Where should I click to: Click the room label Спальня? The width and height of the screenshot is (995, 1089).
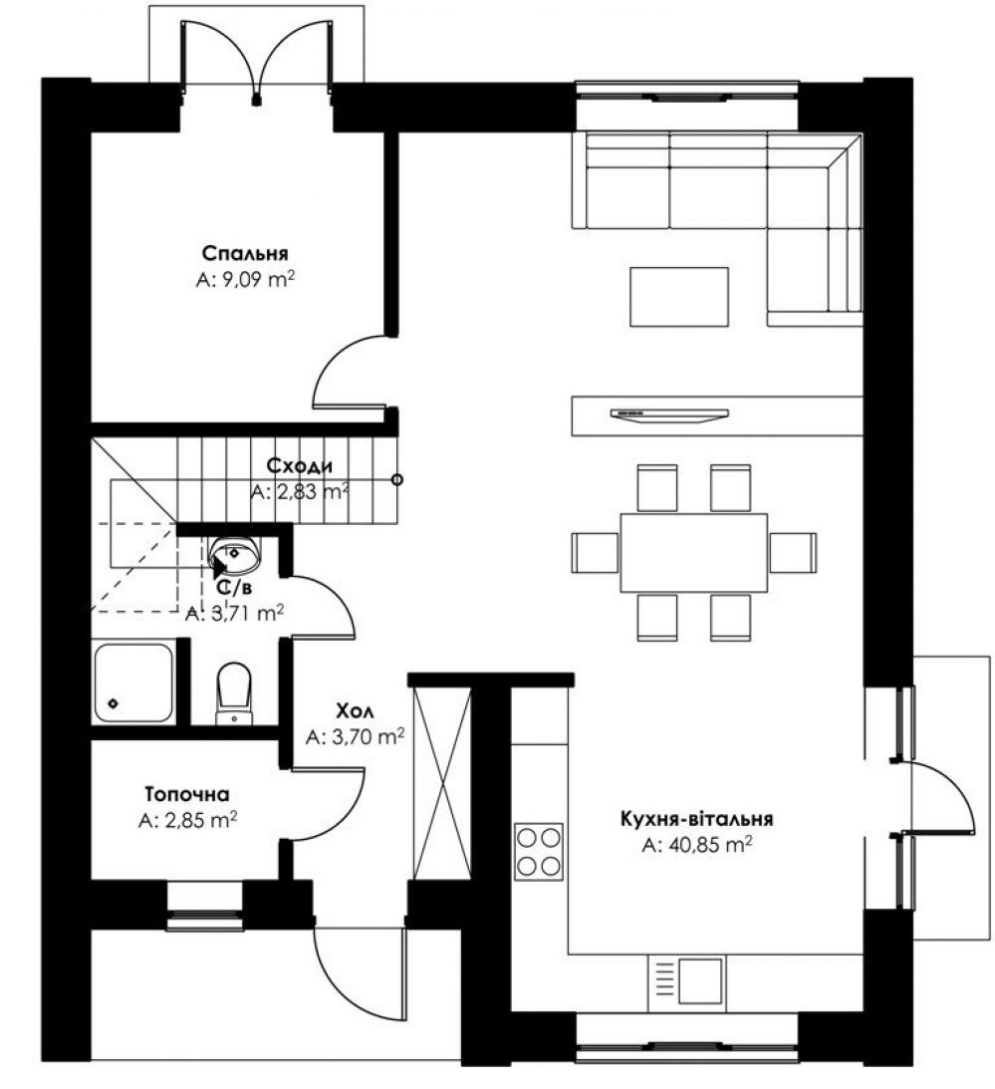245,253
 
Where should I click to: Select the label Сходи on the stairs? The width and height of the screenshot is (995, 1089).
299,465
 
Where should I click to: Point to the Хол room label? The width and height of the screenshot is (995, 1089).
355,710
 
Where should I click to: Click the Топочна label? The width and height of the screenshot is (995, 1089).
187,793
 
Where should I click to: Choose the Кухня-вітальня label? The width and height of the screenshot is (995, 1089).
696,818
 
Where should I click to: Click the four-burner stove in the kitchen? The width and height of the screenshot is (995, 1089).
539,852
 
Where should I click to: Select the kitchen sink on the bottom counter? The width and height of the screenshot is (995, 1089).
686,981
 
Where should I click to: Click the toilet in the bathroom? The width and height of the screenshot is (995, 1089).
233,692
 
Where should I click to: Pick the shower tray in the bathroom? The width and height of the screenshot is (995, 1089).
133,683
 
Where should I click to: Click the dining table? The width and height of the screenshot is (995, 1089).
693,552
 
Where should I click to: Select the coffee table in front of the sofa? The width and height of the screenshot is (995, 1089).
679,297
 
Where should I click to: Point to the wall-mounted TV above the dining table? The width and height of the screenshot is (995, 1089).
669,413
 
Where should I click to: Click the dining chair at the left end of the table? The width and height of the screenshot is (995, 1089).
595,553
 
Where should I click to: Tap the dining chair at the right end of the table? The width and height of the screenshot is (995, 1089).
793,553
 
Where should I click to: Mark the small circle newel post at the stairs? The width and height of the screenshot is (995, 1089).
396,479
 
